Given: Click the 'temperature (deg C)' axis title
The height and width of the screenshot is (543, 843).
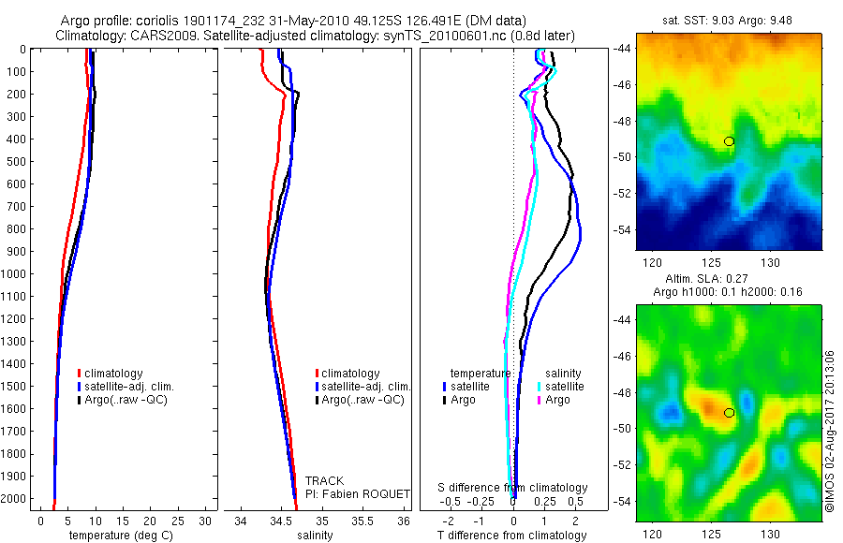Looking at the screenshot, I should (118, 536).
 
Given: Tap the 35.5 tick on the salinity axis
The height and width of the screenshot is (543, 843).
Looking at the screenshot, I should (362, 520).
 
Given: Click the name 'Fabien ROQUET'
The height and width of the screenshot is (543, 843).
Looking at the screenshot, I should (357, 494).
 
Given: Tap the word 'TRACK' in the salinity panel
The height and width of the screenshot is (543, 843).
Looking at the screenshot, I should (324, 481).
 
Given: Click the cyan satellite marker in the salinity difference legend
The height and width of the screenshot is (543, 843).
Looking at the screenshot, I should (540, 387).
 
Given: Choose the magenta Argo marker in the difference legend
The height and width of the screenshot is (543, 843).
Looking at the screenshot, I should (540, 400).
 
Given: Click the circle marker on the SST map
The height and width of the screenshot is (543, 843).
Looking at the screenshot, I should (729, 141).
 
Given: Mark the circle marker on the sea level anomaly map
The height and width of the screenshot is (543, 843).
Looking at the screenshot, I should (729, 413).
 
